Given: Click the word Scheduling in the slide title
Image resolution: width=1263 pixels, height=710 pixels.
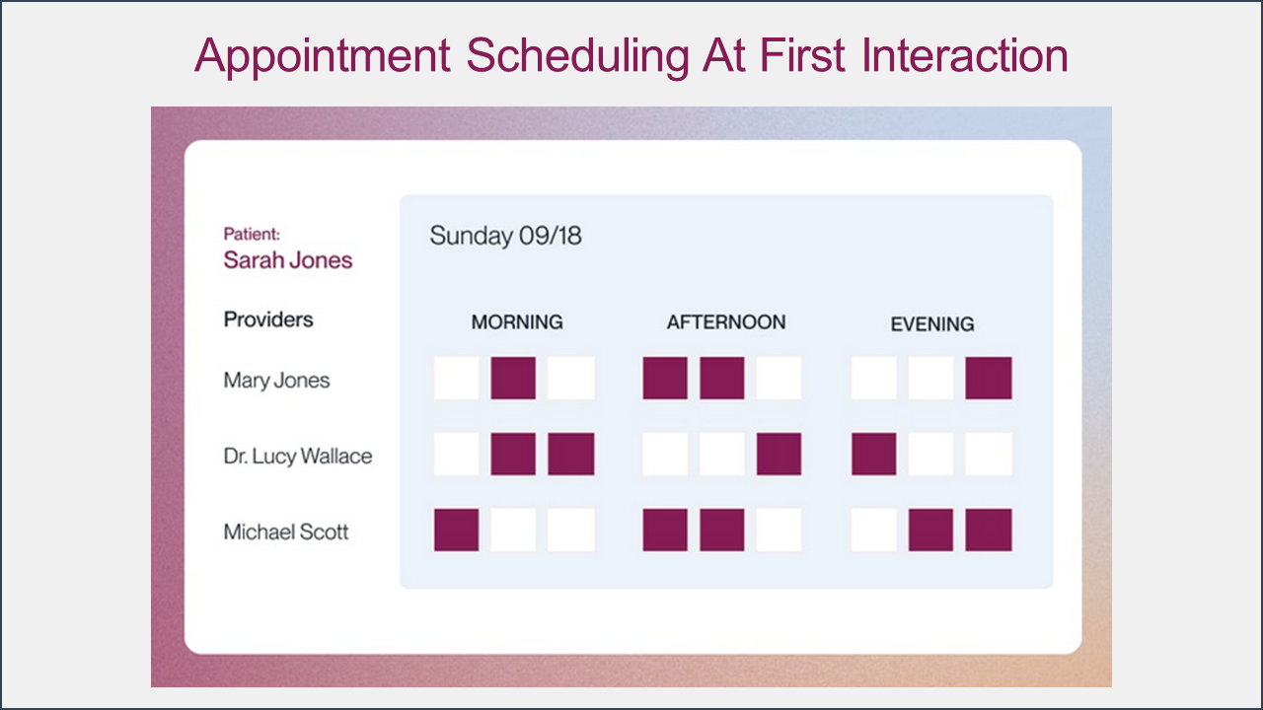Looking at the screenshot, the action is (577, 57).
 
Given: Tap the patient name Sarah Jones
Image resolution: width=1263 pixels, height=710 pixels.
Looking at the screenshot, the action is (287, 260).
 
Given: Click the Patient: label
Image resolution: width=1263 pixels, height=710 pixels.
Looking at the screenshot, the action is (252, 234).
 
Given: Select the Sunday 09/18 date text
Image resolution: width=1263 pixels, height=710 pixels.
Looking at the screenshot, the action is (505, 236).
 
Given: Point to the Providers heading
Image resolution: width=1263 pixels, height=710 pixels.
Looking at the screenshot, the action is (268, 319).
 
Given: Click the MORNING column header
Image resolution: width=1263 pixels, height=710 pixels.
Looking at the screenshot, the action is (517, 321).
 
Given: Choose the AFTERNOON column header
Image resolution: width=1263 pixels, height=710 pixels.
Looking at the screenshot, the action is (726, 321).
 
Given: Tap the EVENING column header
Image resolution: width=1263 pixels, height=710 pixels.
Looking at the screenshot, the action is (932, 324).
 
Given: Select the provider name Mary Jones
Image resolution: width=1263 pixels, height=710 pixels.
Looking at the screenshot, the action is (276, 381).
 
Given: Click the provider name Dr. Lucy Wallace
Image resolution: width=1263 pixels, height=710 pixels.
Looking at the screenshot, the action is (298, 457).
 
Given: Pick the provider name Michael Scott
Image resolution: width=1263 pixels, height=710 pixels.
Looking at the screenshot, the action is (286, 532).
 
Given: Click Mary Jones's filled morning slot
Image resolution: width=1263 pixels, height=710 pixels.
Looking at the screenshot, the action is (513, 378).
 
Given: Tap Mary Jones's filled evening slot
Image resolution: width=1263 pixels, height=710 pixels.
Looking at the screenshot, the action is (989, 378).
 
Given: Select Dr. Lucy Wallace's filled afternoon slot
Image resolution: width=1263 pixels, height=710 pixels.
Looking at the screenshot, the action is (779, 455).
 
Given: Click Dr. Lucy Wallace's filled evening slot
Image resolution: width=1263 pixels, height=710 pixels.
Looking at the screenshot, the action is (874, 455).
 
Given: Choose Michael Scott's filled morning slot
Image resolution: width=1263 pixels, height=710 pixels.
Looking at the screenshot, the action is (457, 531).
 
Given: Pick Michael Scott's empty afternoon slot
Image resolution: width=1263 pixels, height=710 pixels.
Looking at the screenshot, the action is (779, 531).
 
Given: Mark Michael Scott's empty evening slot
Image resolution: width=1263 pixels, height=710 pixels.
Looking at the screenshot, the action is (874, 531).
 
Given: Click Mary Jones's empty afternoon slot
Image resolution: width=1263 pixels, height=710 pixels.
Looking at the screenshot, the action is (779, 378).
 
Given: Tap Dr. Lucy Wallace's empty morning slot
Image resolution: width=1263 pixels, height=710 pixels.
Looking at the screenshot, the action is (457, 455).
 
